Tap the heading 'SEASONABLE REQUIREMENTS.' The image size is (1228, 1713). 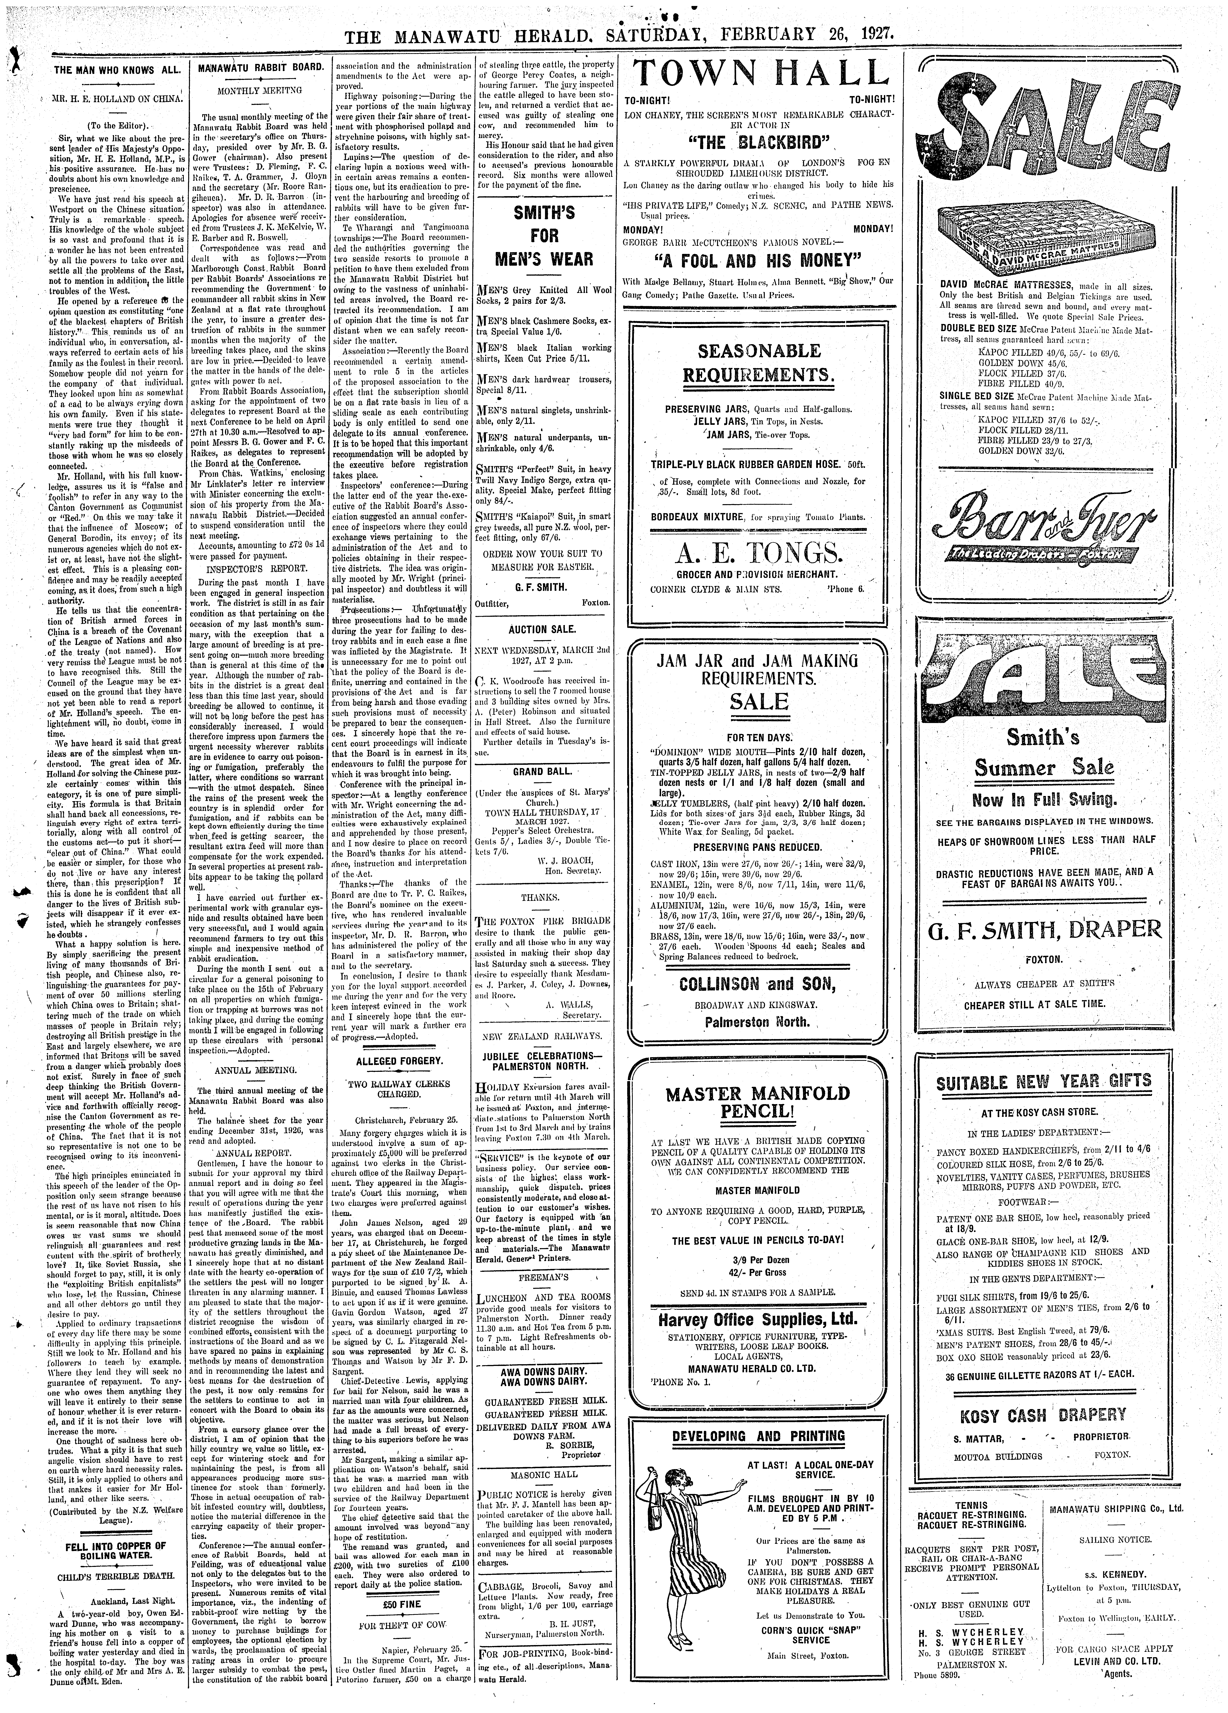click(x=759, y=362)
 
